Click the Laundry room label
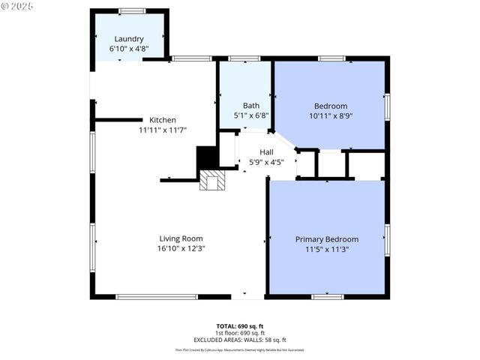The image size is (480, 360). [x=129, y=39]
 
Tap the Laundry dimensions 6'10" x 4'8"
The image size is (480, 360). [x=129, y=49]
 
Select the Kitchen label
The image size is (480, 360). [x=163, y=120]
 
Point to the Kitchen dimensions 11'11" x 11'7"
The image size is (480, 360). [x=163, y=130]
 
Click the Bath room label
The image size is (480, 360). [x=250, y=106]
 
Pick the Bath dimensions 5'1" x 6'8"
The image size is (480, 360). [x=250, y=115]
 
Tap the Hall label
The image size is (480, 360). [x=266, y=151]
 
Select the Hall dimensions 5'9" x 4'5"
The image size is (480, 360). [x=266, y=161]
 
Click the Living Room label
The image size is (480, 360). [x=181, y=238]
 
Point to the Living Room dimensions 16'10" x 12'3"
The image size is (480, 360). [x=181, y=248]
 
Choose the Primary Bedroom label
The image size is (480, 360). [x=326, y=239]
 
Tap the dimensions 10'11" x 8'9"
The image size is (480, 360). [x=331, y=116]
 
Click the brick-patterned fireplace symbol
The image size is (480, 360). [x=212, y=181]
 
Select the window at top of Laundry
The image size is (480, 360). [x=132, y=10]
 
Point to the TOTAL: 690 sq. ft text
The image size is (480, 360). [x=240, y=326]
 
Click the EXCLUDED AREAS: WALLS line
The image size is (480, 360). [x=240, y=340]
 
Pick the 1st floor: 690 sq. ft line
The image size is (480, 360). [x=240, y=333]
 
